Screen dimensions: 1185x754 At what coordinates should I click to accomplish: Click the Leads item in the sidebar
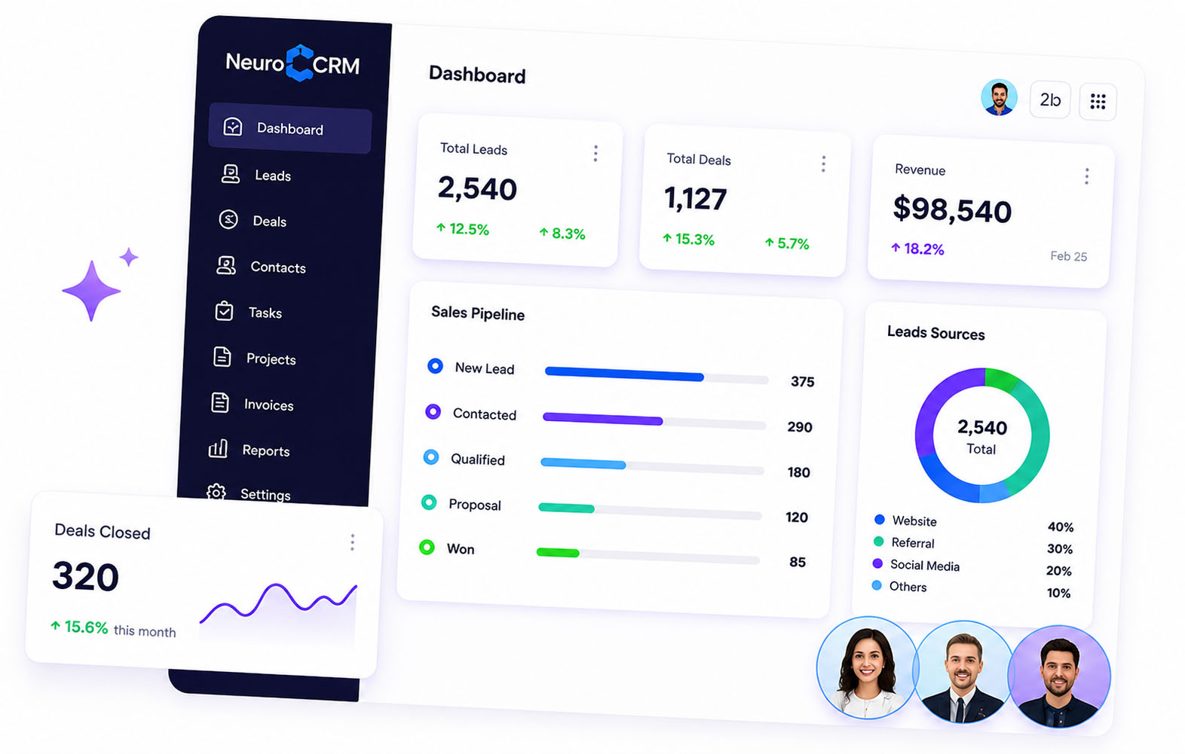256,175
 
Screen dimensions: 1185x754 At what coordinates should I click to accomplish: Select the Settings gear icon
216,493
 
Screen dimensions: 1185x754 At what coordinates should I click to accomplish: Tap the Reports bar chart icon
218,449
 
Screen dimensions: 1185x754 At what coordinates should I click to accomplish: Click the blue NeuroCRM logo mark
299,63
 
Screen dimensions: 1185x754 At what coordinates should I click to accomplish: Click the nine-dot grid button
1098,102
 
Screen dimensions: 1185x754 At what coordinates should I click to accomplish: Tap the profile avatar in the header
999,97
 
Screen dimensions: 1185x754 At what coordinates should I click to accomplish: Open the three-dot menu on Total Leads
596,154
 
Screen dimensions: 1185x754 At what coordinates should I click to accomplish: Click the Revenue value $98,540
952,210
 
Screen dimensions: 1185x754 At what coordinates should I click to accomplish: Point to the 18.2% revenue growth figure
918,249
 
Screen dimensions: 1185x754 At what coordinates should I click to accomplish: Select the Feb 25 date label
1069,256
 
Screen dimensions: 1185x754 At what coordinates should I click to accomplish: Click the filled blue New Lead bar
624,374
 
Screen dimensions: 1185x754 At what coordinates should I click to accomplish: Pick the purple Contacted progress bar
602,419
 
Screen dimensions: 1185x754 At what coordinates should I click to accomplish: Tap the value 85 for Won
798,561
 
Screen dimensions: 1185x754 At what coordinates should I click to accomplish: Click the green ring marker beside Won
427,547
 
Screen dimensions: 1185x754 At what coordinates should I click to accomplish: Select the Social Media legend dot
877,563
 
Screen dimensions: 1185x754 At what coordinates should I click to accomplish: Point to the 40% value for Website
1061,527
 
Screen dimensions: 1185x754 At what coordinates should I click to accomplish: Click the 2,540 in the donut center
982,427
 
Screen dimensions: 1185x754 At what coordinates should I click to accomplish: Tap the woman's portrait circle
867,668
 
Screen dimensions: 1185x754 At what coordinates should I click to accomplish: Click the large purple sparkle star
91,290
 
